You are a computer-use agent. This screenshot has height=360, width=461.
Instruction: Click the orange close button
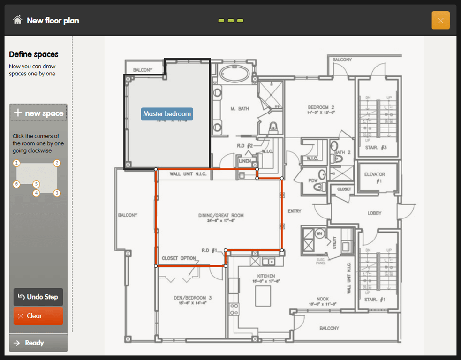tap(440, 20)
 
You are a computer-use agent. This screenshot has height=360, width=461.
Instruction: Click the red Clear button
tap(38, 316)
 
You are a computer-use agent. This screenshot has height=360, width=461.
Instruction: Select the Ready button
tap(38, 343)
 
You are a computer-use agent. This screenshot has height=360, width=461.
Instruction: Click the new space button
tap(38, 113)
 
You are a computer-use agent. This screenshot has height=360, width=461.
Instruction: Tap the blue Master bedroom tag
tap(167, 114)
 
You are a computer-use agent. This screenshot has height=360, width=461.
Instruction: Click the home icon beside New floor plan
tap(17, 20)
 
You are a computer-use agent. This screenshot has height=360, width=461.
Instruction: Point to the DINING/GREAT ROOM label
tap(221, 215)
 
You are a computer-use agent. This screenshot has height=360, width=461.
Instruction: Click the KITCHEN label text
tap(266, 276)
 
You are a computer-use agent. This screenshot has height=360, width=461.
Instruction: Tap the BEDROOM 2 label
tap(321, 107)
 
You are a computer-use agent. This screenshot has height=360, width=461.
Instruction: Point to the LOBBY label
tap(374, 213)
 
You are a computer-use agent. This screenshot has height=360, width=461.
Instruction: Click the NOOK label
tap(322, 299)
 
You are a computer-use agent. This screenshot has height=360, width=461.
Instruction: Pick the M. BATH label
tap(240, 109)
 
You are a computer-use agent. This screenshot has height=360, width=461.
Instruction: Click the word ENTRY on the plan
tap(295, 211)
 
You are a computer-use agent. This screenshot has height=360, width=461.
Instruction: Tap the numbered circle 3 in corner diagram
tap(57, 193)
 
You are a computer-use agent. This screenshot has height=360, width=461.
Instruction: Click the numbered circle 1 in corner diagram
tap(16, 163)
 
